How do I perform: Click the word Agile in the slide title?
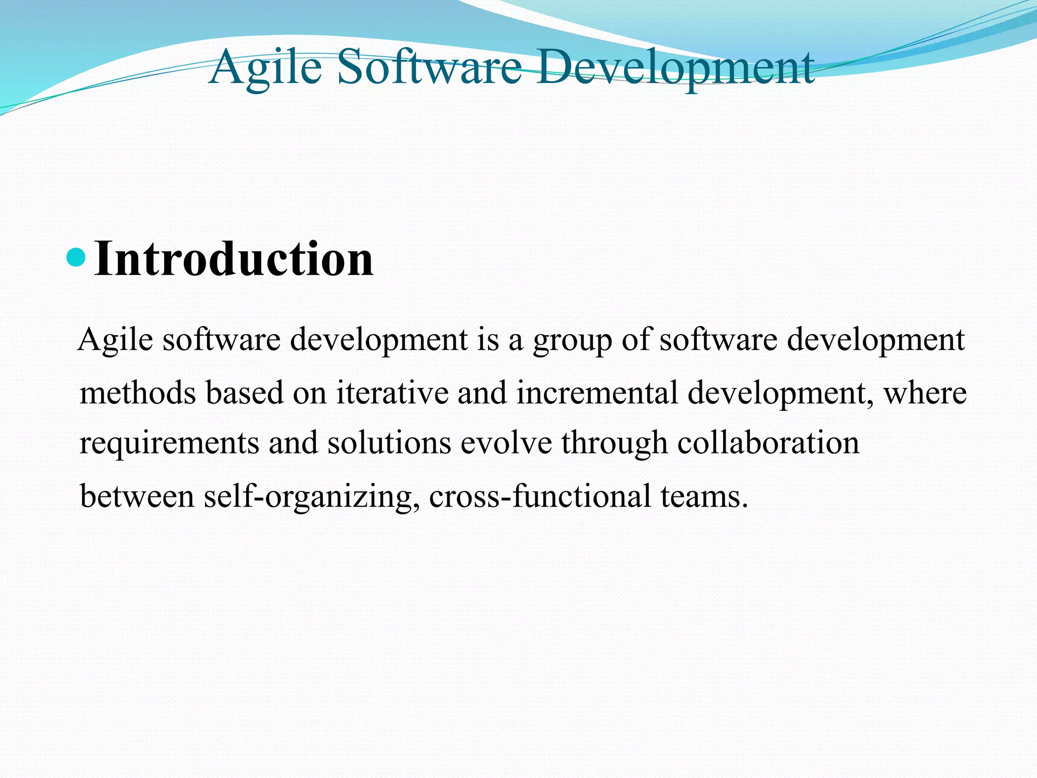point(265,67)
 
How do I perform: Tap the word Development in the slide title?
point(675,67)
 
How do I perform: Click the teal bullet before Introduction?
point(76,258)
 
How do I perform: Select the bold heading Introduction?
point(234,259)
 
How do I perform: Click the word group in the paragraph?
point(572,340)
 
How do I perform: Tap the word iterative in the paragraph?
point(392,393)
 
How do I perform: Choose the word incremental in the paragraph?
point(597,393)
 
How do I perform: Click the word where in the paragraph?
point(925,393)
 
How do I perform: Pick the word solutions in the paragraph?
point(389,443)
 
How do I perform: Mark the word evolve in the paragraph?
point(506,443)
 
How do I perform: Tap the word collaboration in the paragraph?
point(768,443)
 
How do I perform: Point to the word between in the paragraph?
point(137,496)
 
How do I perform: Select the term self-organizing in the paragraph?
point(312,497)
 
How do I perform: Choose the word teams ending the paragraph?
point(704,496)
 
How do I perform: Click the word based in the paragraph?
point(245,393)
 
